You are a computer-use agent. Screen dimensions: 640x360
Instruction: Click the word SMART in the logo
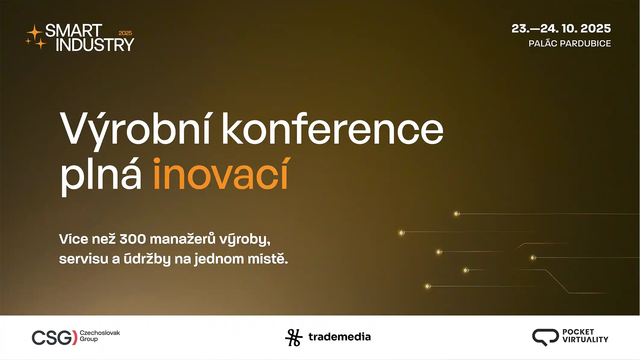[74, 30]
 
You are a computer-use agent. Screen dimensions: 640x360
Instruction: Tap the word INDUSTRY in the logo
[95, 45]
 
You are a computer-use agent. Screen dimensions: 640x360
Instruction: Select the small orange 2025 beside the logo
[125, 33]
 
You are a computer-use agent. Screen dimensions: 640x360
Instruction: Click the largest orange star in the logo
[35, 32]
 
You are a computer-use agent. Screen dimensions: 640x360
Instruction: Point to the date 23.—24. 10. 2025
[561, 29]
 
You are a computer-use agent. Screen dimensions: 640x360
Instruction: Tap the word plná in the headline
[101, 176]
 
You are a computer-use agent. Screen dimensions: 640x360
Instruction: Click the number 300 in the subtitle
[133, 239]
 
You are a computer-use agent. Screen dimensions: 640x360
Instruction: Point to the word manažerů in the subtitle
[183, 239]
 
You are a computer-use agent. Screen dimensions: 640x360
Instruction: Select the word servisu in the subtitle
[83, 259]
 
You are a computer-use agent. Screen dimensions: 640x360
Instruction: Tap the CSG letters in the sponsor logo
[54, 337]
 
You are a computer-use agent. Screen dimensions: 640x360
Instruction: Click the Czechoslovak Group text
[100, 336]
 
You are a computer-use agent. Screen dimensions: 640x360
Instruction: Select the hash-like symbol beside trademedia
[294, 337]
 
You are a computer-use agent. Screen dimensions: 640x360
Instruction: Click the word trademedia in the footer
[340, 337]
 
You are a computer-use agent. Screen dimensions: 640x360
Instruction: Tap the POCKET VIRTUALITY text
[585, 336]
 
